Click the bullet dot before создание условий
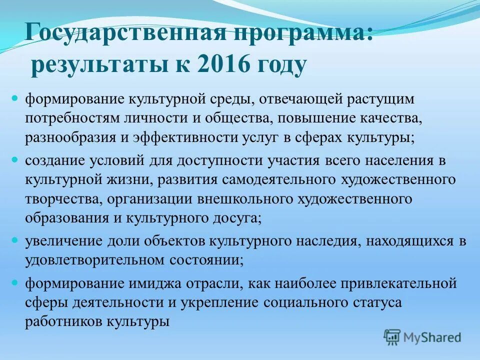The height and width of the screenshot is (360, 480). coord(14,160)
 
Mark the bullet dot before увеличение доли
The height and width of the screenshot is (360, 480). coord(14,240)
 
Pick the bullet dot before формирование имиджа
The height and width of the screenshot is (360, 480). coord(14,282)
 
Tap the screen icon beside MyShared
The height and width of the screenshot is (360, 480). coord(392,336)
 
